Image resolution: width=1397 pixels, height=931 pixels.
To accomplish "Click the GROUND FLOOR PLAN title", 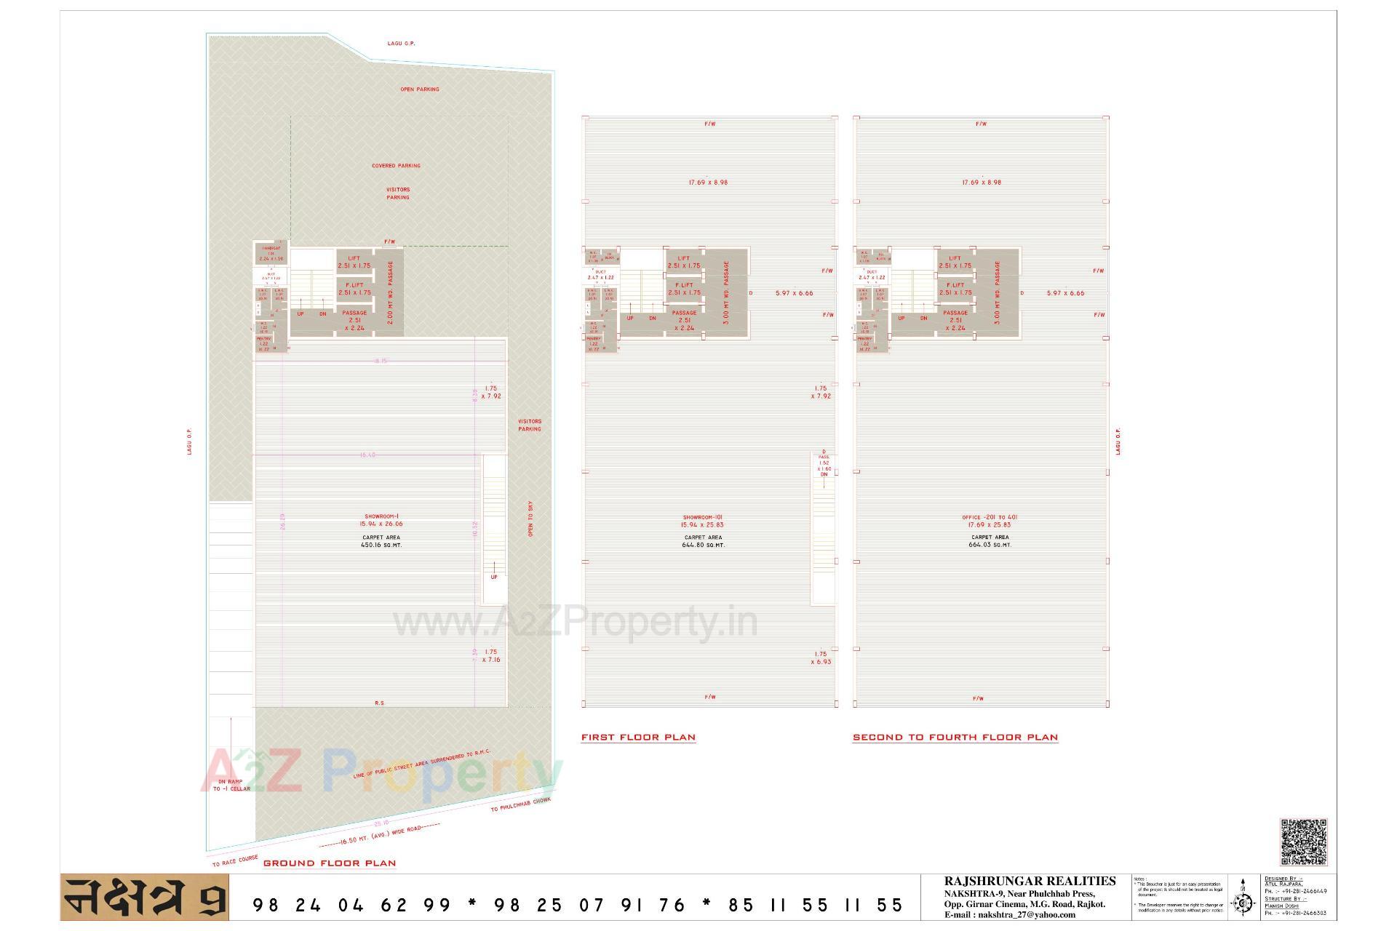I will (330, 863).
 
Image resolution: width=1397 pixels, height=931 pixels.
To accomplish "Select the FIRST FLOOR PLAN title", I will (638, 737).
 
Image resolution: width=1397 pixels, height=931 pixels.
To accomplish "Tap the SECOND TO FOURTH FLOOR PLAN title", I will (955, 737).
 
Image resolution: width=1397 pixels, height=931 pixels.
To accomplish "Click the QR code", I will (1303, 842).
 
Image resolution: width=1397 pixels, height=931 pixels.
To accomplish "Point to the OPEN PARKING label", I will (420, 89).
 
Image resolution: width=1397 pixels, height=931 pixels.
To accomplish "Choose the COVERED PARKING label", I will (396, 166).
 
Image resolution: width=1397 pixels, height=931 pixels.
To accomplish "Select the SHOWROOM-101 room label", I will (703, 517).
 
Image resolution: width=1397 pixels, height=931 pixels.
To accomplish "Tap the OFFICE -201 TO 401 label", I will (990, 517).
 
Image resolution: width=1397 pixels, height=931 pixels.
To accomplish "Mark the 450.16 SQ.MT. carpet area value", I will (381, 545).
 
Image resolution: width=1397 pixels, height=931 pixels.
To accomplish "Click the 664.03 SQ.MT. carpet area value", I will (990, 545).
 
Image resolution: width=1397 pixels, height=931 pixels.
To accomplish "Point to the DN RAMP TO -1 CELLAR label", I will (231, 785).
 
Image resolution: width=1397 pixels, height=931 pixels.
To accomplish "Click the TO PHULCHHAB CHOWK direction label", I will (520, 804).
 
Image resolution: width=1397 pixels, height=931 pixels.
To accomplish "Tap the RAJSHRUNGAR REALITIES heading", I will (1030, 882).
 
